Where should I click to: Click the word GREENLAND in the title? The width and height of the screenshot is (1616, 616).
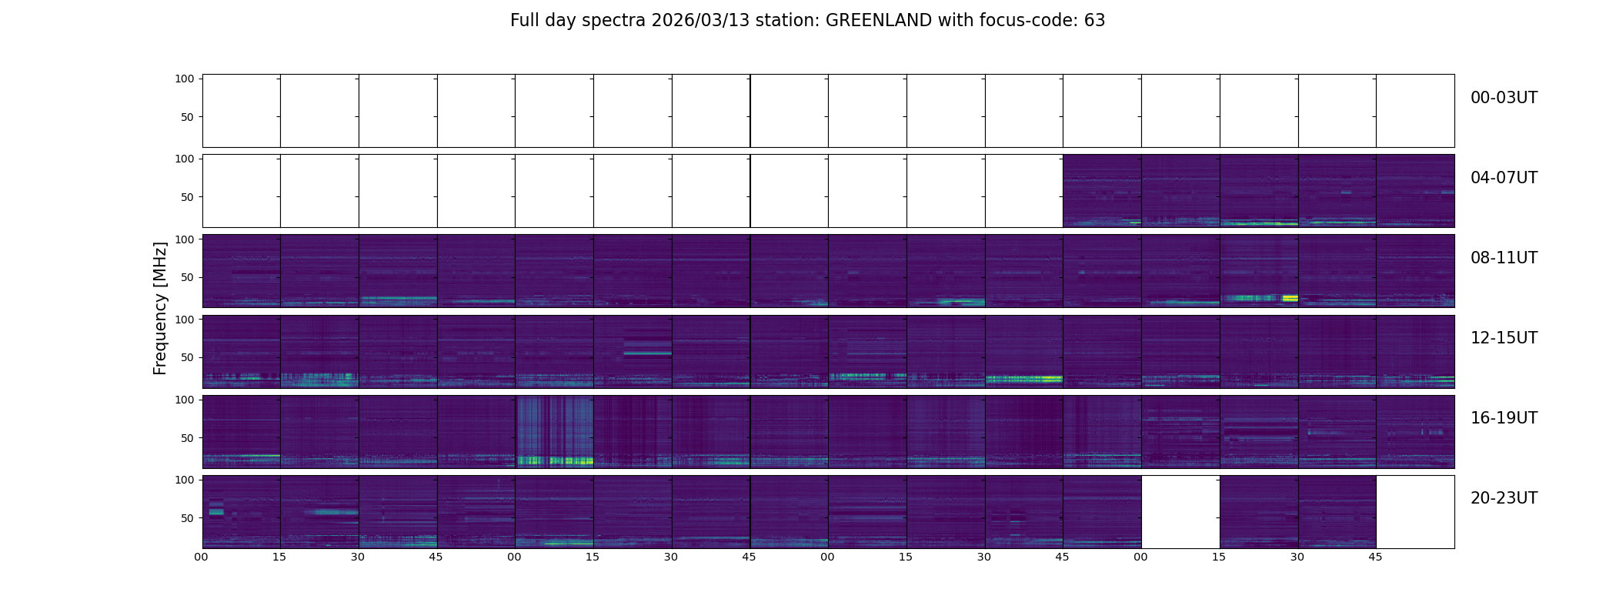[x=878, y=21]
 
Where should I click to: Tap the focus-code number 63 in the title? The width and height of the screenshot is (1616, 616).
[x=1095, y=21]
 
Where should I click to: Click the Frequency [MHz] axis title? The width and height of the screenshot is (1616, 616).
[x=160, y=308]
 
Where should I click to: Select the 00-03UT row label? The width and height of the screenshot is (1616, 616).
[x=1504, y=98]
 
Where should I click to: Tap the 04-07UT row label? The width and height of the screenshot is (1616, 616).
[x=1504, y=178]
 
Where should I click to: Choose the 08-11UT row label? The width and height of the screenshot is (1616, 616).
[x=1504, y=258]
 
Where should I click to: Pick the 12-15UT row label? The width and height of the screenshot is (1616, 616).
[x=1504, y=338]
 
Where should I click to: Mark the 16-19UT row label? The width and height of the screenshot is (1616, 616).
[x=1504, y=418]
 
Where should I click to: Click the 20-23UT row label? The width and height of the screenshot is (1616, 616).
[x=1504, y=498]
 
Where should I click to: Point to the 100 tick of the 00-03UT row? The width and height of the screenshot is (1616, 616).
[x=185, y=79]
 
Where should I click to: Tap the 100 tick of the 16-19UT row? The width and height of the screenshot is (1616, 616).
[x=185, y=400]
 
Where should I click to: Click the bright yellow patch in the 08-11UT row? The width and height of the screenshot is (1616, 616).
[x=1290, y=297]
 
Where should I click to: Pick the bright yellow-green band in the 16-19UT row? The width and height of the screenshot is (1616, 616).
[x=554, y=460]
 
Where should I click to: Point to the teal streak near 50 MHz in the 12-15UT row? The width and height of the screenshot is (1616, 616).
[x=647, y=353]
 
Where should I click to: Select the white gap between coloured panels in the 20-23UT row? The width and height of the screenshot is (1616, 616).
[x=1180, y=511]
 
